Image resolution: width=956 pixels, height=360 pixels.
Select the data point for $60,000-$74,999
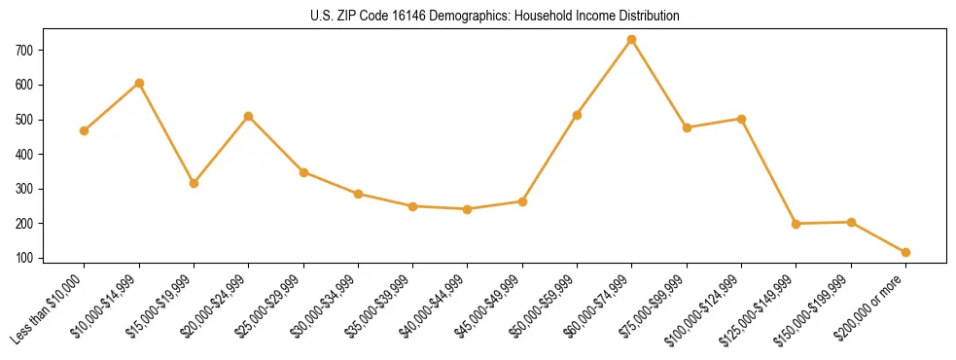[632, 40]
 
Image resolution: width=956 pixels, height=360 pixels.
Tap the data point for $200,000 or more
[905, 252]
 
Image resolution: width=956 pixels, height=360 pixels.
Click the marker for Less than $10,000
[85, 130]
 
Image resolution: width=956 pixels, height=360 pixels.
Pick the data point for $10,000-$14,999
[139, 84]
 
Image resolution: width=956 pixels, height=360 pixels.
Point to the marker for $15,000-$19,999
[194, 183]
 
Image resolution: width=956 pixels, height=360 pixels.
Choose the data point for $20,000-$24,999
[249, 116]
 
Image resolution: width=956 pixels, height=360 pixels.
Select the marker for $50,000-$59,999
[577, 115]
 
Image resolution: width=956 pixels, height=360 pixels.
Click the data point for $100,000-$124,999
[741, 119]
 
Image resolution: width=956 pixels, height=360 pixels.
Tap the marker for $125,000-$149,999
[797, 224]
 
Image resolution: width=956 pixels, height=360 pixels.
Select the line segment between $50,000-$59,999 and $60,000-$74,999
[604, 78]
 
